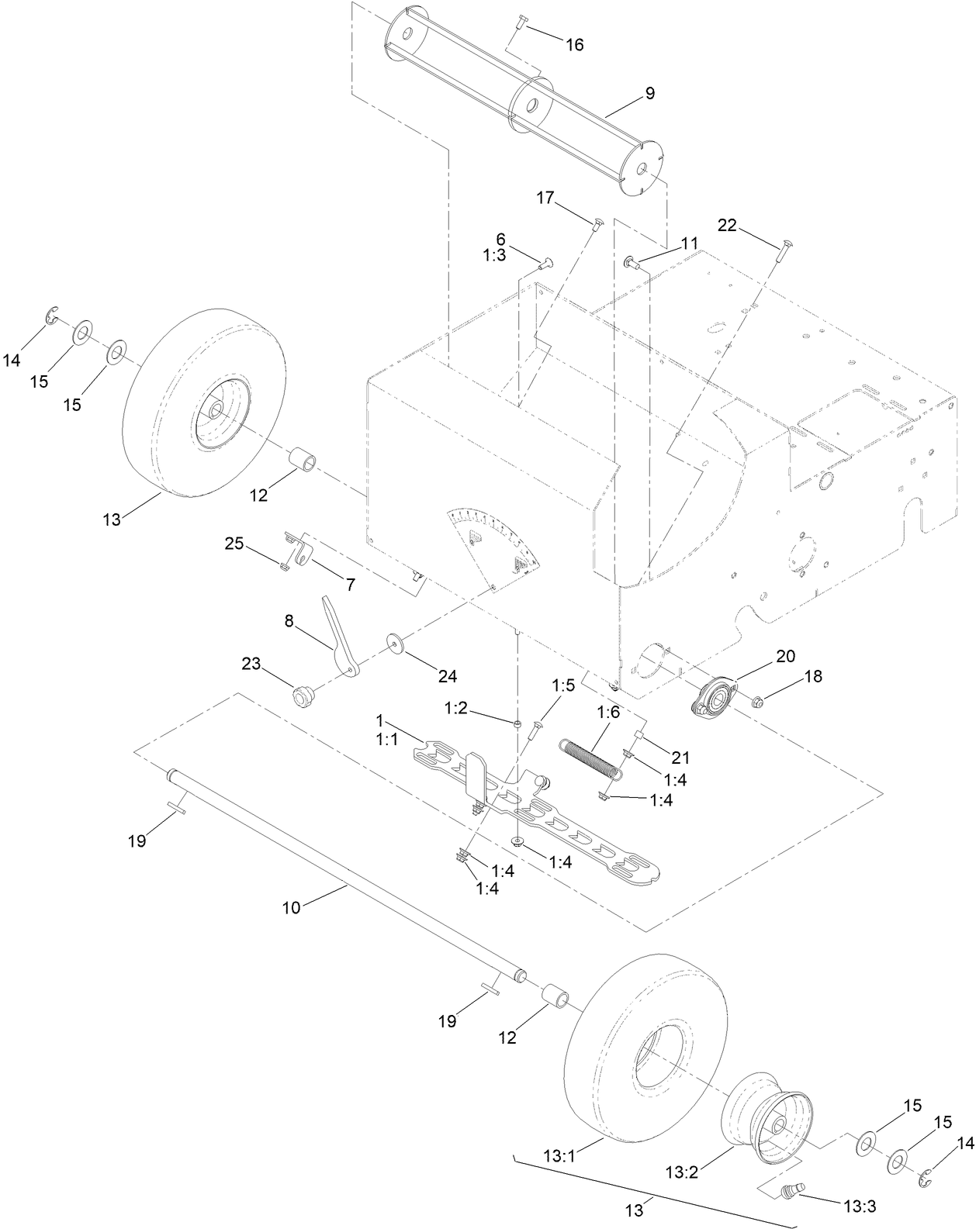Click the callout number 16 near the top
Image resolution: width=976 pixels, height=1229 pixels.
[x=573, y=45]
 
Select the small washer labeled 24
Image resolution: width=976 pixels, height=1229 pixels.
[x=397, y=644]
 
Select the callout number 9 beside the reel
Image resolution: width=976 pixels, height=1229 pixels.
[x=649, y=94]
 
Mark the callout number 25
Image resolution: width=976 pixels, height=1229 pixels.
[x=234, y=544]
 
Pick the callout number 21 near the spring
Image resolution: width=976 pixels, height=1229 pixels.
[x=680, y=757]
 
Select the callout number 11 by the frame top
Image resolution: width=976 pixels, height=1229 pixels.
[x=690, y=243]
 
